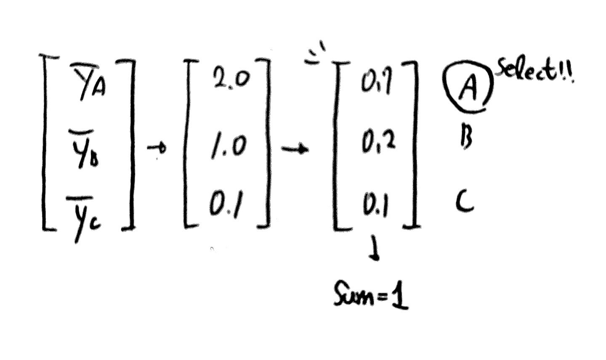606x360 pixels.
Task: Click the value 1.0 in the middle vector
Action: (228, 147)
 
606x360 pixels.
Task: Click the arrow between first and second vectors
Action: (157, 148)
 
